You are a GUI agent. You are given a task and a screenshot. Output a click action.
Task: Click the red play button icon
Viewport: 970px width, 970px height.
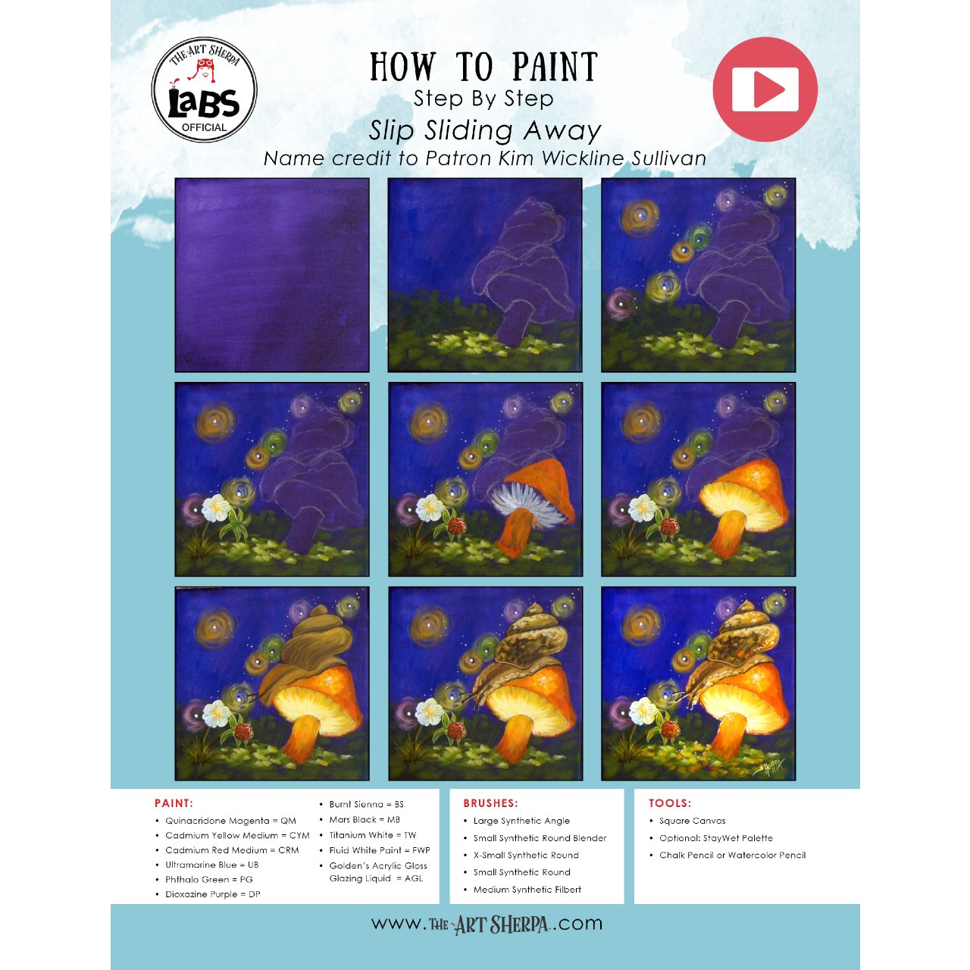pyautogui.click(x=765, y=89)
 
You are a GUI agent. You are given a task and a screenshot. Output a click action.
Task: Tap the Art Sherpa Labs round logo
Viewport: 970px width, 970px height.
pyautogui.click(x=205, y=89)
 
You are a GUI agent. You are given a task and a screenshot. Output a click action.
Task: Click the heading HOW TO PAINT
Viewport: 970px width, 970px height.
pyautogui.click(x=483, y=67)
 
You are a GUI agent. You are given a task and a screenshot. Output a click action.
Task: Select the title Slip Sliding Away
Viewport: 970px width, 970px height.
pyautogui.click(x=485, y=130)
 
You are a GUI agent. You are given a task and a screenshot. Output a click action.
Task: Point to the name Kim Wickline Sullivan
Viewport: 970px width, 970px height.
pyautogui.click(x=602, y=158)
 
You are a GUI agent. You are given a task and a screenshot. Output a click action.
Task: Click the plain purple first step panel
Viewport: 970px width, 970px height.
pyautogui.click(x=272, y=275)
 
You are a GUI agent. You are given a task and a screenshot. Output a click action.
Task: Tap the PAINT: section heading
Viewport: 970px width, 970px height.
pyautogui.click(x=174, y=803)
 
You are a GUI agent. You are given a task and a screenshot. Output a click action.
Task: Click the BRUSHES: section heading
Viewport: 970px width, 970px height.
pyautogui.click(x=490, y=803)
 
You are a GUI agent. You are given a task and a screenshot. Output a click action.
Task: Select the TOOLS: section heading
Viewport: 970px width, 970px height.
pyautogui.click(x=669, y=803)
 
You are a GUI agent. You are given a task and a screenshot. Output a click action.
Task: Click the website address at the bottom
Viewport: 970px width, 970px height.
pyautogui.click(x=487, y=925)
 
